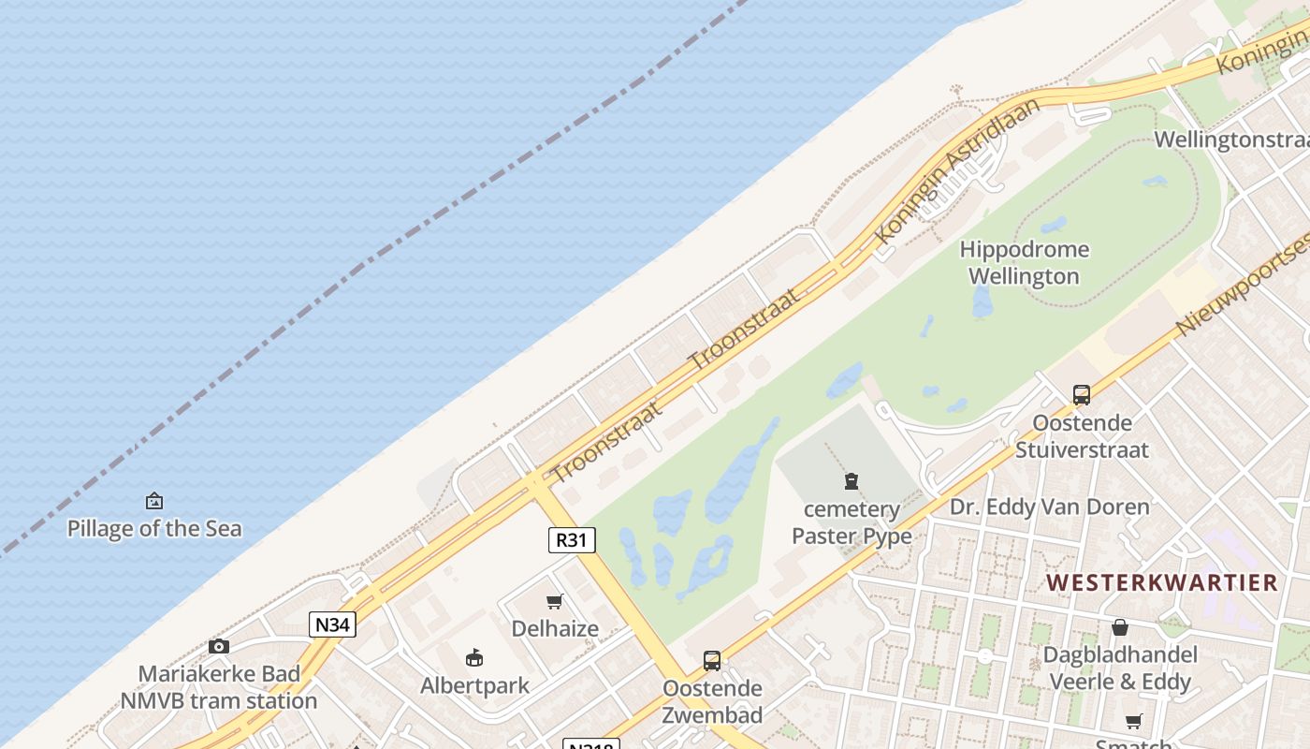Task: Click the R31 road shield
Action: [571, 540]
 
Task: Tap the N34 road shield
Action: [332, 624]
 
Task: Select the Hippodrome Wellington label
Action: [1025, 263]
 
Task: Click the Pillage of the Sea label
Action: [154, 529]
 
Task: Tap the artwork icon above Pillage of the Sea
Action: [154, 502]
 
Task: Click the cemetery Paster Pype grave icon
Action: [851, 482]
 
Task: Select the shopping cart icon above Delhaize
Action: [555, 601]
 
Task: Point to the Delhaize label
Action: [555, 628]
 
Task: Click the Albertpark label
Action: [474, 685]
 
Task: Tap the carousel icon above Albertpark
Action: [474, 657]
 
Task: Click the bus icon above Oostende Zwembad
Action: [712, 661]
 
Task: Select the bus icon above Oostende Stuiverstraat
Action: [1082, 395]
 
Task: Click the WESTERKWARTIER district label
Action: [1162, 582]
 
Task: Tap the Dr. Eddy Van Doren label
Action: [1050, 507]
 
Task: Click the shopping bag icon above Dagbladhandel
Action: [1119, 627]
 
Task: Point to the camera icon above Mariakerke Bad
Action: [219, 646]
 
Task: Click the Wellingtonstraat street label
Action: [1230, 140]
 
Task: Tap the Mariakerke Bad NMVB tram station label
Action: [219, 687]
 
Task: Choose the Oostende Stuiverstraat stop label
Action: [1082, 436]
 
